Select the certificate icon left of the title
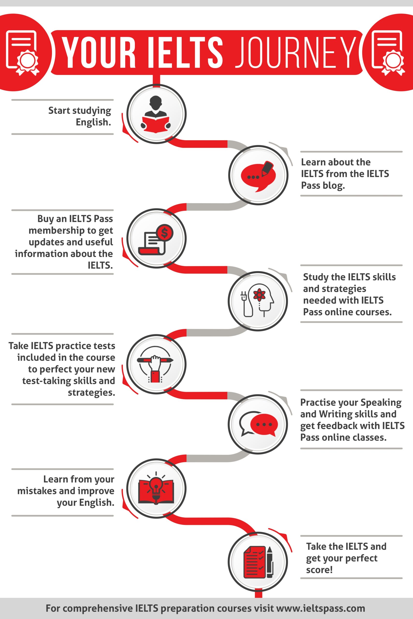(23, 53)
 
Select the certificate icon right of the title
(388, 53)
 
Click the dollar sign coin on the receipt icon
(165, 232)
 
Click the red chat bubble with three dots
(264, 424)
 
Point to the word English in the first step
(93, 122)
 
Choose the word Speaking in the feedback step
(381, 403)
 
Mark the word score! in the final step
(319, 570)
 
